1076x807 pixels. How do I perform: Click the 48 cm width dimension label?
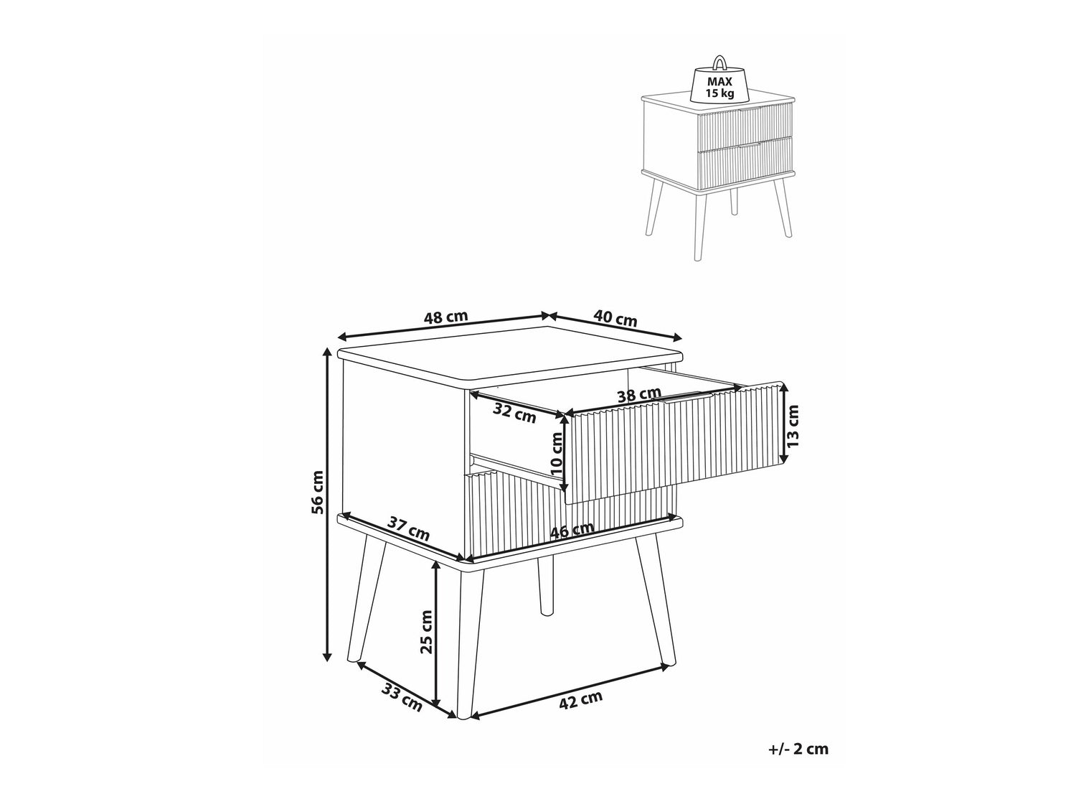[445, 317]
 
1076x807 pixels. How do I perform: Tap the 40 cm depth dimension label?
[615, 318]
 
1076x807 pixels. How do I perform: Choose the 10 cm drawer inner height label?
[556, 454]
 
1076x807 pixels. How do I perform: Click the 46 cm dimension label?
[572, 529]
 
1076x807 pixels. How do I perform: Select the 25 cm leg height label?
[426, 632]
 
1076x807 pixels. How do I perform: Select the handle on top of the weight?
[719, 62]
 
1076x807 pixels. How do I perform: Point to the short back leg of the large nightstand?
[545, 586]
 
